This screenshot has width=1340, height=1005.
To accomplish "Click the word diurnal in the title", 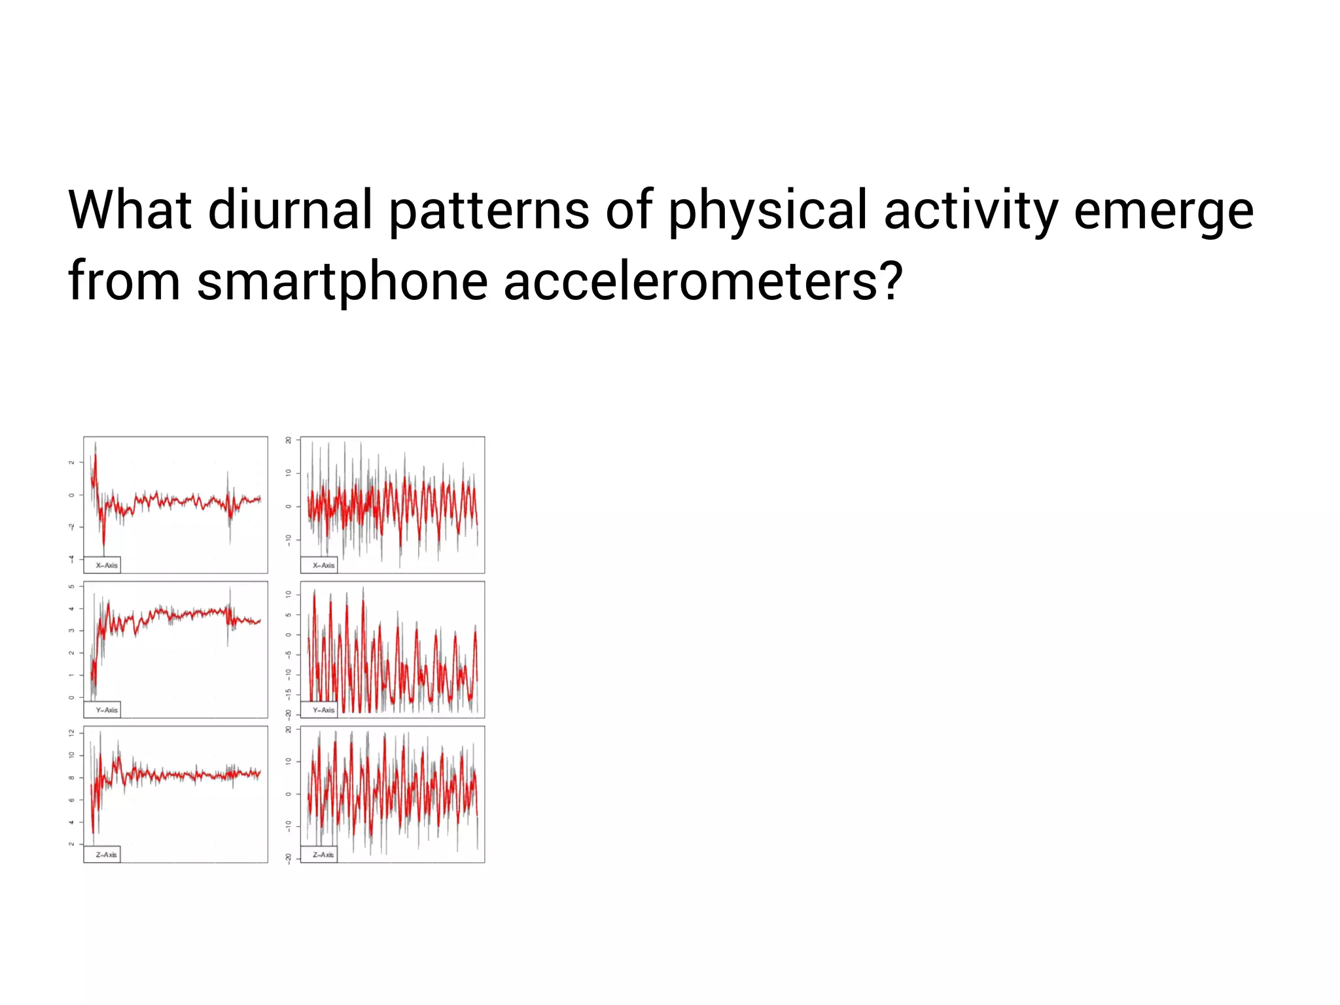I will pos(290,210).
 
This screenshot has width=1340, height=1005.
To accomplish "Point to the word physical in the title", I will pos(767,210).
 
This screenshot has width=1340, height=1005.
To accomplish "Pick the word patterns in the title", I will pos(489,210).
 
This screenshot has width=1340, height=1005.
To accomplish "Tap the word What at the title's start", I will pos(130,210).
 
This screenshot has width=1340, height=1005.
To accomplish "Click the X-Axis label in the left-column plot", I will pos(107,565).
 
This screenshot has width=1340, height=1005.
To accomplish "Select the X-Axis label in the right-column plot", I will pos(323,565).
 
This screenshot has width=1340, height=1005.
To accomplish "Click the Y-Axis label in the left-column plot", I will pos(107,710).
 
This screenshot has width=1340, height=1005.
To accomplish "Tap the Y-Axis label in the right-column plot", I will pos(323,710).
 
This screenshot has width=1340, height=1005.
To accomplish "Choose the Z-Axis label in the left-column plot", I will pos(107,854).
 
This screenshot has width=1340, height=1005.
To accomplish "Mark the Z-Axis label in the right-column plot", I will pos(323,854).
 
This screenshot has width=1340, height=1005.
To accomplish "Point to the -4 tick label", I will pos(72,558).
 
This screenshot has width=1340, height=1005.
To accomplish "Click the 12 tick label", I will pos(72,733).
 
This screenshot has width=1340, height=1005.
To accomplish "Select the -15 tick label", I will pos(289,694).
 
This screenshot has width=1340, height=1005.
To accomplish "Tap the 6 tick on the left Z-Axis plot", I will pos(72,800).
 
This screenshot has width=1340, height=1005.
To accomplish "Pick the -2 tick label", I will pos(72,527).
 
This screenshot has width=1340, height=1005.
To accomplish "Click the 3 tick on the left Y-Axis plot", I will pos(72,630).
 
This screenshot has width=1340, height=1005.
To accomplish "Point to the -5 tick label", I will pos(289,654).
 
